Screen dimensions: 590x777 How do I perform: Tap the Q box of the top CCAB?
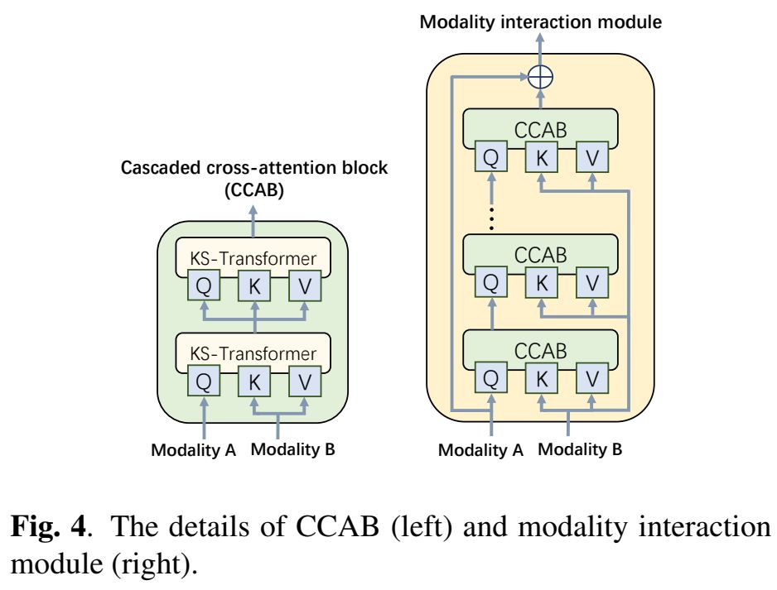(x=490, y=157)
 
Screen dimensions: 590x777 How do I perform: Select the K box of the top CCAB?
(x=541, y=157)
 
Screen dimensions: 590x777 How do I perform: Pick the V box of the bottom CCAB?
(x=591, y=379)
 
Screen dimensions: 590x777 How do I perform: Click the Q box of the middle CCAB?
(x=490, y=283)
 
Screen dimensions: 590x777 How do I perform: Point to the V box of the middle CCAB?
(x=591, y=283)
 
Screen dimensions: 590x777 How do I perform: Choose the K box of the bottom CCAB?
(x=541, y=379)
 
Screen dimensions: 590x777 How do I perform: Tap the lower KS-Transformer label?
(x=253, y=353)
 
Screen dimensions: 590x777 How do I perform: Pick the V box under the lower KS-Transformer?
(x=304, y=382)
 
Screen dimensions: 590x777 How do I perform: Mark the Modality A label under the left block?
(x=194, y=451)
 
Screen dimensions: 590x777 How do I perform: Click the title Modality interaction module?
(x=541, y=22)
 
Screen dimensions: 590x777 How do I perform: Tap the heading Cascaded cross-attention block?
(x=254, y=168)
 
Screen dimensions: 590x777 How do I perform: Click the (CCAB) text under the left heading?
(x=254, y=191)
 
